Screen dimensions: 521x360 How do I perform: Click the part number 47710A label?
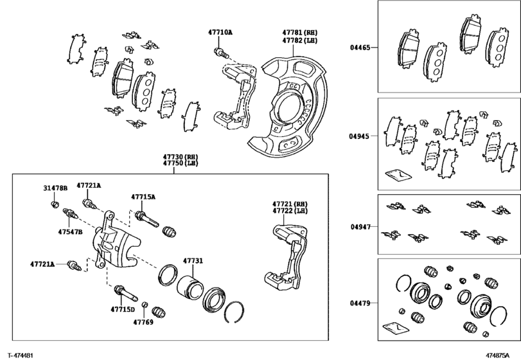click(x=220, y=32)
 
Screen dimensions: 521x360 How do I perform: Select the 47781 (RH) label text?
click(x=300, y=33)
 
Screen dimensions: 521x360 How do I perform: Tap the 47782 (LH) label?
click(x=300, y=40)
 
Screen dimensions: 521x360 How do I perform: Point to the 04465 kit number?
click(x=360, y=48)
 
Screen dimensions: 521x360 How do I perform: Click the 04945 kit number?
click(x=359, y=136)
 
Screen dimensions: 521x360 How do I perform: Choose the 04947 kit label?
click(x=360, y=227)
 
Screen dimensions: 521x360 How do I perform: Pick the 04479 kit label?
click(x=360, y=303)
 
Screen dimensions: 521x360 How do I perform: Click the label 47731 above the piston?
click(x=193, y=261)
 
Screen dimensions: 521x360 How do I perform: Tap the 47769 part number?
click(x=143, y=322)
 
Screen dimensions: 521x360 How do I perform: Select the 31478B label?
click(x=55, y=188)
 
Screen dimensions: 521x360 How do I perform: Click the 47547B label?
click(x=70, y=232)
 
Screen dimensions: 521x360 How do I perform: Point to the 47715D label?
click(x=123, y=309)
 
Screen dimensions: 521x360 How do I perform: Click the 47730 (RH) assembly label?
click(x=180, y=157)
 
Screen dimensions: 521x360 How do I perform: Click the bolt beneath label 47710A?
click(x=221, y=53)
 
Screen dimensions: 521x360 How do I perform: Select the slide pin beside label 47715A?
click(x=146, y=219)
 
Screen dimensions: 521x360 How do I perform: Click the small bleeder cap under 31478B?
click(x=55, y=204)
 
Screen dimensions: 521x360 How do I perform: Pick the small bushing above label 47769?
click(x=145, y=305)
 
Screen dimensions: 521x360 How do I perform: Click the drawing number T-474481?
click(x=21, y=355)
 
